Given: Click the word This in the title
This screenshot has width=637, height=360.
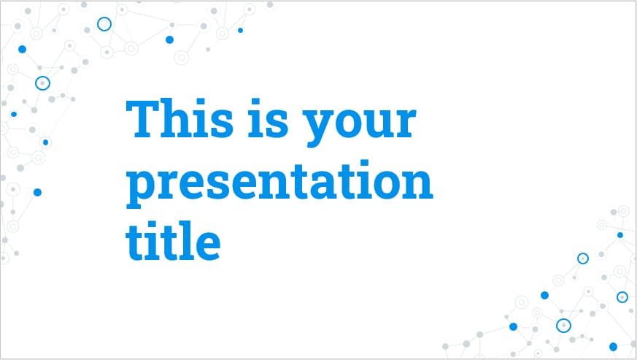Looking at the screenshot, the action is pyautogui.click(x=179, y=118).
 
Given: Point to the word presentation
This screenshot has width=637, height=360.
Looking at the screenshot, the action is pyautogui.click(x=279, y=184).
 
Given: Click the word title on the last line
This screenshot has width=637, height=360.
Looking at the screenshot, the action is pyautogui.click(x=173, y=241).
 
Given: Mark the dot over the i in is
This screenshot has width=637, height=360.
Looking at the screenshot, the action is pyautogui.click(x=255, y=102).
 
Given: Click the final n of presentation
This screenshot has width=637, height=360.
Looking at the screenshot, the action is pyautogui.click(x=417, y=184).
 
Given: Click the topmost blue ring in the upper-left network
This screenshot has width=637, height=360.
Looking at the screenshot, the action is pyautogui.click(x=104, y=24).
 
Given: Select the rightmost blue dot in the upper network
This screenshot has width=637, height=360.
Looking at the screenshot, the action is pyautogui.click(x=241, y=30).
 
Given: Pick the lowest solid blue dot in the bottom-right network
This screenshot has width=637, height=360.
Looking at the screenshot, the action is pyautogui.click(x=614, y=347).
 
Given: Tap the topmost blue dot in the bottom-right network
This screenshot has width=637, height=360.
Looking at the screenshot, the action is pyautogui.click(x=620, y=235).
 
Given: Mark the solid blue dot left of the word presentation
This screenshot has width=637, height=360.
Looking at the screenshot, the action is pyautogui.click(x=37, y=192).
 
